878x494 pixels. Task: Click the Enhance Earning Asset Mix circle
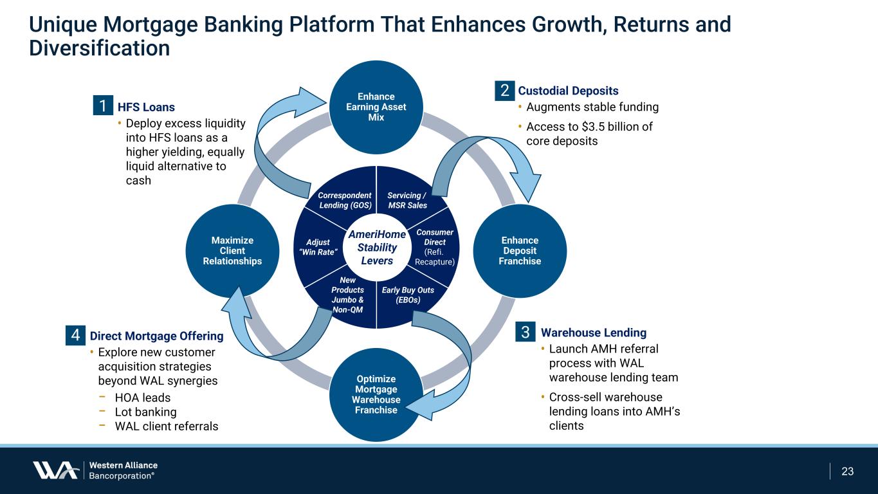[x=376, y=107]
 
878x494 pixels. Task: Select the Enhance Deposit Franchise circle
[x=520, y=250]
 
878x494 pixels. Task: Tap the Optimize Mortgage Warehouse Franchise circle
[x=376, y=394]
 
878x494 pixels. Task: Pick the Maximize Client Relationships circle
[x=232, y=250]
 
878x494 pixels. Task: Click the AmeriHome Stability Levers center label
[x=376, y=248]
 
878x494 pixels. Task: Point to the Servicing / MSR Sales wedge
[x=407, y=200]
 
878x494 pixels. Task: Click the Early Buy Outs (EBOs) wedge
[x=408, y=295]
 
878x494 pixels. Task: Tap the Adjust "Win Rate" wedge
[x=318, y=248]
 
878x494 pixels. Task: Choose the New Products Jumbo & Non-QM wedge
[x=347, y=295]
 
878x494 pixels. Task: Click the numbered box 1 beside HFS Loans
[x=102, y=106]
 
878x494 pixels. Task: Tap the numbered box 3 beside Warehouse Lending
[x=526, y=333]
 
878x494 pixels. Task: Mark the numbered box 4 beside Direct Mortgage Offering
[x=75, y=335]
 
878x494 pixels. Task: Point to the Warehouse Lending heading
[x=593, y=333]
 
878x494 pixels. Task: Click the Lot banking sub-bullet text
[x=145, y=412]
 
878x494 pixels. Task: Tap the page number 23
[x=848, y=471]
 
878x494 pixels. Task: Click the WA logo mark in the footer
[x=55, y=470]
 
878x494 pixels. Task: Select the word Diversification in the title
[x=100, y=48]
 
